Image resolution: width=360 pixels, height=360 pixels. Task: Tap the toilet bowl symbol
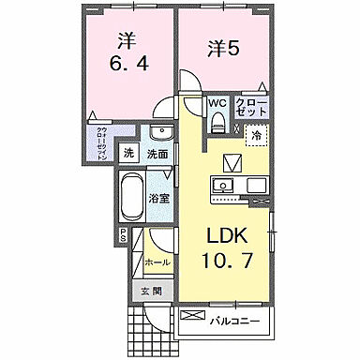click(x=217, y=120)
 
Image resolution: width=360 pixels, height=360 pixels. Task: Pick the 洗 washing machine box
click(x=129, y=154)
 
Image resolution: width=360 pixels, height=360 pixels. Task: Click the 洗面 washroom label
click(x=157, y=154)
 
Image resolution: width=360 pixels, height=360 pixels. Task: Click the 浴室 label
click(x=158, y=198)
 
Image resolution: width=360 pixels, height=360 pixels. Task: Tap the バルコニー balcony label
click(x=234, y=322)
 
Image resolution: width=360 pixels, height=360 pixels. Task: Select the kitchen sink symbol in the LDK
click(x=225, y=186)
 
